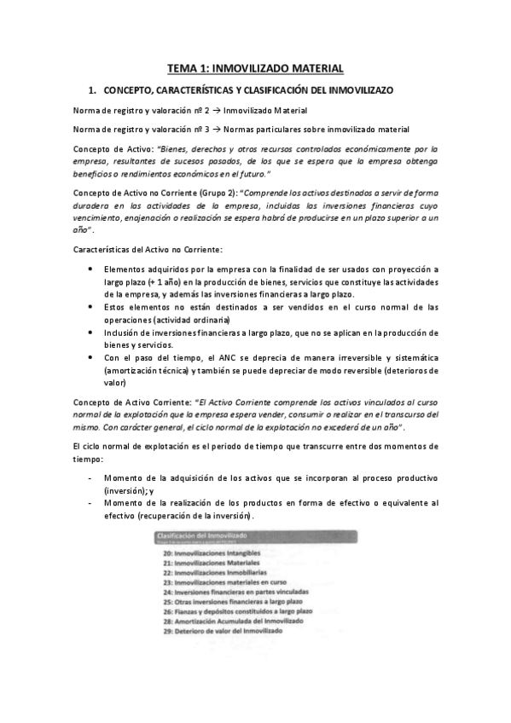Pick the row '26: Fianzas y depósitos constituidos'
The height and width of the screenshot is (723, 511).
tap(229, 611)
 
